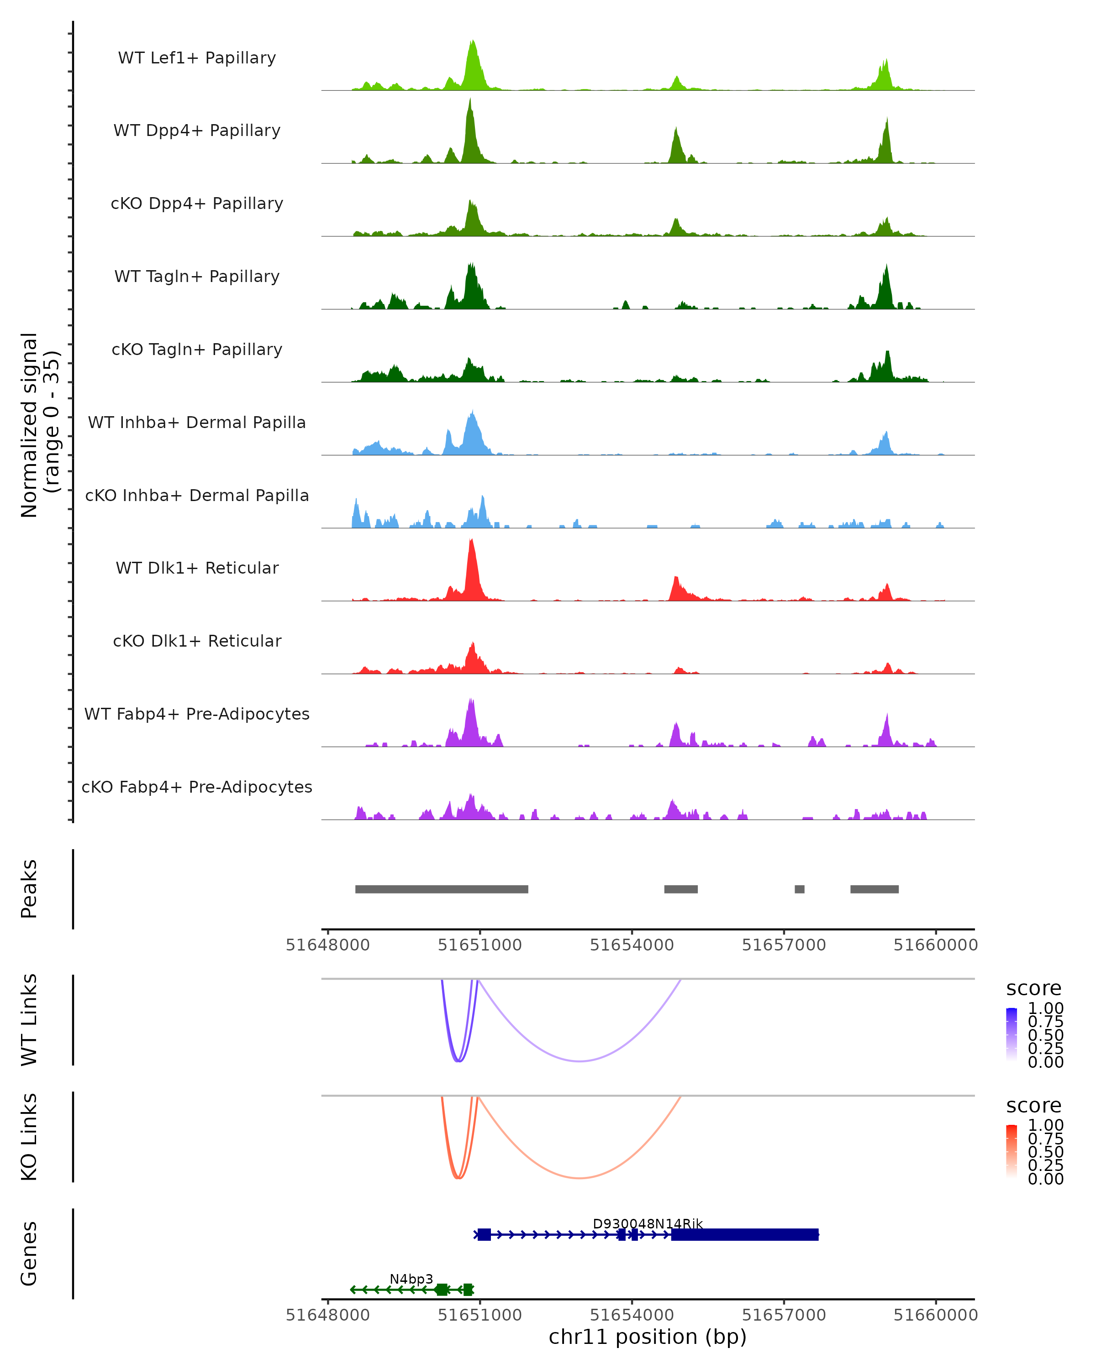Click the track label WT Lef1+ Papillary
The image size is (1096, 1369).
(197, 58)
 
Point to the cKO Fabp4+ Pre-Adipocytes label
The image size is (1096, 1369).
(197, 787)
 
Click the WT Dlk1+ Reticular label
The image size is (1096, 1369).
(197, 568)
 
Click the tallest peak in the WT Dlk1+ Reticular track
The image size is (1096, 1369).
(471, 542)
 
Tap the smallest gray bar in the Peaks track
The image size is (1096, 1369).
(799, 889)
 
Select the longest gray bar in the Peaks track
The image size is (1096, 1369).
(442, 889)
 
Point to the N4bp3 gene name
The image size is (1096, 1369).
(411, 1279)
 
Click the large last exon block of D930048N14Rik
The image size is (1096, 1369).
(745, 1234)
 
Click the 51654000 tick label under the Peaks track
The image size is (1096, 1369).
(632, 945)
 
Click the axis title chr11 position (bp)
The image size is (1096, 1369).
(648, 1337)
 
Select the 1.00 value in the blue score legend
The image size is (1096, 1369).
(1046, 1008)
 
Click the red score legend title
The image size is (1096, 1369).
(1034, 1106)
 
